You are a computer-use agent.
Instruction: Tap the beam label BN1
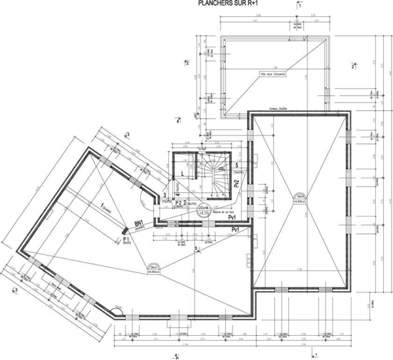pyautogui.click(x=140, y=222)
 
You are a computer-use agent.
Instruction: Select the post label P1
pyautogui.click(x=127, y=241)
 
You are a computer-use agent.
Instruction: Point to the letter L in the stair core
pyautogui.click(x=183, y=174)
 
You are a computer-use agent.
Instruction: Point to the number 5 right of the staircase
pyautogui.click(x=236, y=165)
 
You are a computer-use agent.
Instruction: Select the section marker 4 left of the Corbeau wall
pyautogui.click(x=178, y=120)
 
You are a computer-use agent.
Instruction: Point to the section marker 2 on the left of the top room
pyautogui.click(x=187, y=64)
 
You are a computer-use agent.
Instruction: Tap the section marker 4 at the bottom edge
pyautogui.click(x=176, y=355)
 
